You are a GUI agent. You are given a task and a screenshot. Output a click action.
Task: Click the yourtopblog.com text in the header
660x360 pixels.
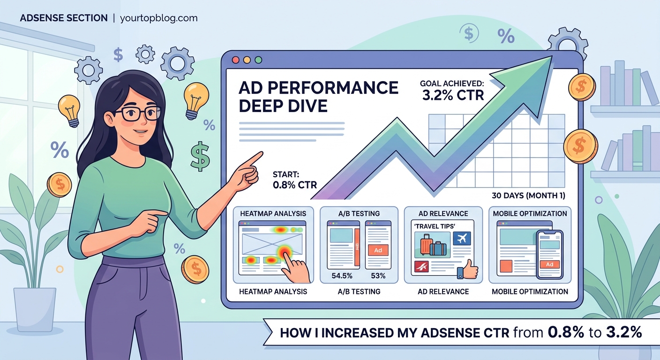point(158,18)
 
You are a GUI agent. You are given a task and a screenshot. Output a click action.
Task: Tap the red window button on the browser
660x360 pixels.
point(236,60)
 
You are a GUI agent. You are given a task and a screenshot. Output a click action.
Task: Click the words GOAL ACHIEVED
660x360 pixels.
point(451,84)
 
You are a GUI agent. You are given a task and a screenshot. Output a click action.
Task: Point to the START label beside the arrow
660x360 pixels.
point(285,174)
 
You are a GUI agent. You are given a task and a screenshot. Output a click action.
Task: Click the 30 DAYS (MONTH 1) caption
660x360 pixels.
point(528,195)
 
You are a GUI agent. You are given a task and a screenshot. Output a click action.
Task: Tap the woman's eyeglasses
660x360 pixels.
point(137,113)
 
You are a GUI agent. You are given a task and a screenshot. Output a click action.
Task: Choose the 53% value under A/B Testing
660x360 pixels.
point(378,276)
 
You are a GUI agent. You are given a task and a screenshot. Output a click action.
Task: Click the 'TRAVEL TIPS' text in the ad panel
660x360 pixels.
point(428,225)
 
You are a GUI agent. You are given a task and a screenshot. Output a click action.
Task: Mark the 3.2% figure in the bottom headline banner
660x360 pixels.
point(623,332)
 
